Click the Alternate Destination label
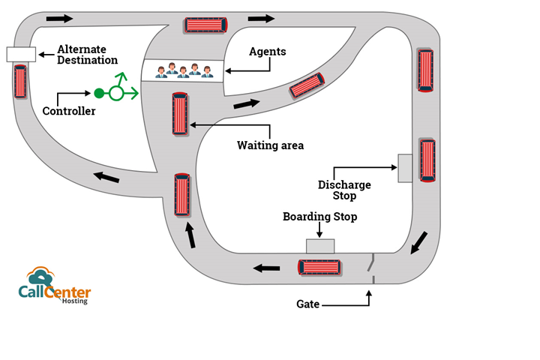[x=88, y=54]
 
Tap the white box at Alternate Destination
[x=21, y=54]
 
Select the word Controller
[x=69, y=111]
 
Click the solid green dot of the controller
[x=98, y=93]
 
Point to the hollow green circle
[x=116, y=93]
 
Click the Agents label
[x=267, y=52]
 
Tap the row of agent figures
[x=184, y=70]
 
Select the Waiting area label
[x=270, y=145]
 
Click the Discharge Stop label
[x=344, y=190]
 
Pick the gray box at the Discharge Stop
[x=405, y=168]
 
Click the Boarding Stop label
[x=319, y=217]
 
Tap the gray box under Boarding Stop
[x=320, y=245]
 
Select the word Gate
[x=307, y=304]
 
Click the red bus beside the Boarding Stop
[x=320, y=267]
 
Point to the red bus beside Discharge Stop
[x=427, y=159]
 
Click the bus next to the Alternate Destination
[x=20, y=82]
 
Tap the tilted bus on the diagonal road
[x=307, y=86]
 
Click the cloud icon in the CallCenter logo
[x=40, y=275]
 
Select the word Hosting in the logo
[x=74, y=301]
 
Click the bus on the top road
[x=205, y=25]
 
